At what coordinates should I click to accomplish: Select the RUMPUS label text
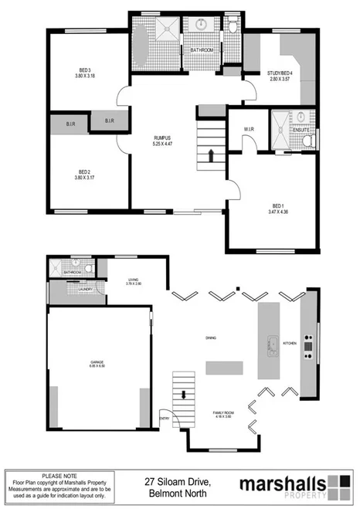click(x=161, y=138)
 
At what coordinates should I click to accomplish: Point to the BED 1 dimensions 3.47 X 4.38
click(x=278, y=212)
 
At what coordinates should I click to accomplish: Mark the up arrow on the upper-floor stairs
click(x=210, y=155)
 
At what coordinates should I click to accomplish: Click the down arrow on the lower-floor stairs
click(x=183, y=394)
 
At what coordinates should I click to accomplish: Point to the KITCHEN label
click(x=290, y=341)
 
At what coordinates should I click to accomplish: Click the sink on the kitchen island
click(x=272, y=344)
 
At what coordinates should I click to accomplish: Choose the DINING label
click(x=210, y=338)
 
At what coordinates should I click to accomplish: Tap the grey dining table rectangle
click(x=224, y=368)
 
